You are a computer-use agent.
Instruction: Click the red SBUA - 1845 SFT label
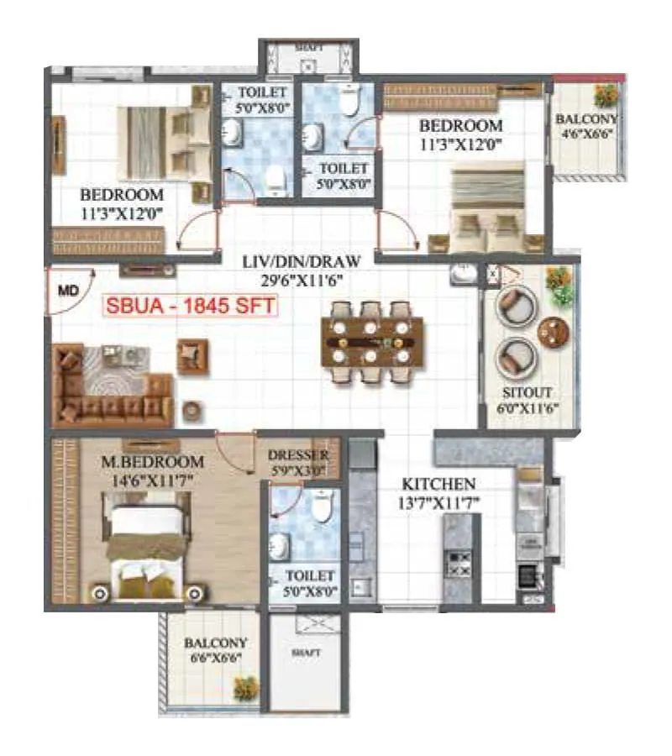click(190, 306)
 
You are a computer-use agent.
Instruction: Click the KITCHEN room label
click(438, 485)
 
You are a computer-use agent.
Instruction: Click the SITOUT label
click(528, 392)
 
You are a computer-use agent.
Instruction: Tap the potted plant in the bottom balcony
click(246, 686)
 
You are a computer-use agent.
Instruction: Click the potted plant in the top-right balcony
click(602, 93)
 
